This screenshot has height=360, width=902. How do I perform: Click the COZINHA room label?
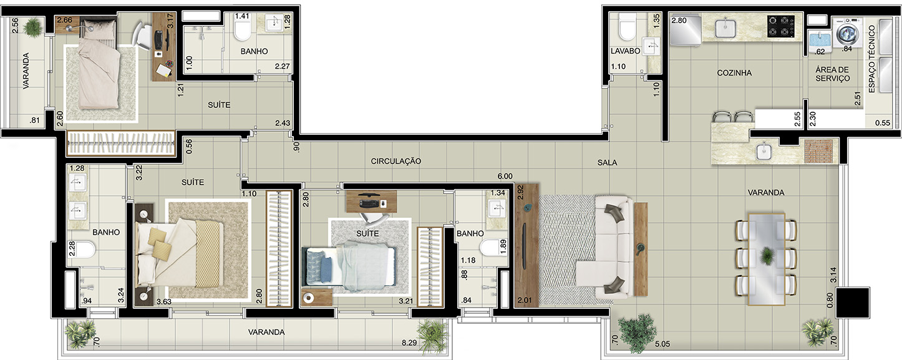(x=734, y=73)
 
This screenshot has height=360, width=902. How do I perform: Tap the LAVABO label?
(x=626, y=51)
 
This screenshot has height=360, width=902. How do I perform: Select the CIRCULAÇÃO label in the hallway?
(x=396, y=161)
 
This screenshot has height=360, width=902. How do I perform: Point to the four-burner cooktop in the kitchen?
(x=781, y=27)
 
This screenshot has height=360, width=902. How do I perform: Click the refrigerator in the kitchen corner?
(x=685, y=29)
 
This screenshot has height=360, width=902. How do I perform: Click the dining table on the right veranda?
(x=767, y=260)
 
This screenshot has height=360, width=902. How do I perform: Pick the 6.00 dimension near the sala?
(x=505, y=176)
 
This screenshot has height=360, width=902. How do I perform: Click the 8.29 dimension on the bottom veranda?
(x=409, y=343)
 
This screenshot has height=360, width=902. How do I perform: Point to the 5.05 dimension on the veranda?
(x=662, y=344)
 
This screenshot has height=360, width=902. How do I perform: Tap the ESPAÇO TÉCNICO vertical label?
(x=872, y=59)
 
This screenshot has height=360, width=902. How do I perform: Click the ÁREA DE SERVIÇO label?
(x=832, y=74)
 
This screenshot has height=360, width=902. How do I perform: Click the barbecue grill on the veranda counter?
(x=818, y=151)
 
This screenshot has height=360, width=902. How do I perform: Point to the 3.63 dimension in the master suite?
(x=164, y=301)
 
